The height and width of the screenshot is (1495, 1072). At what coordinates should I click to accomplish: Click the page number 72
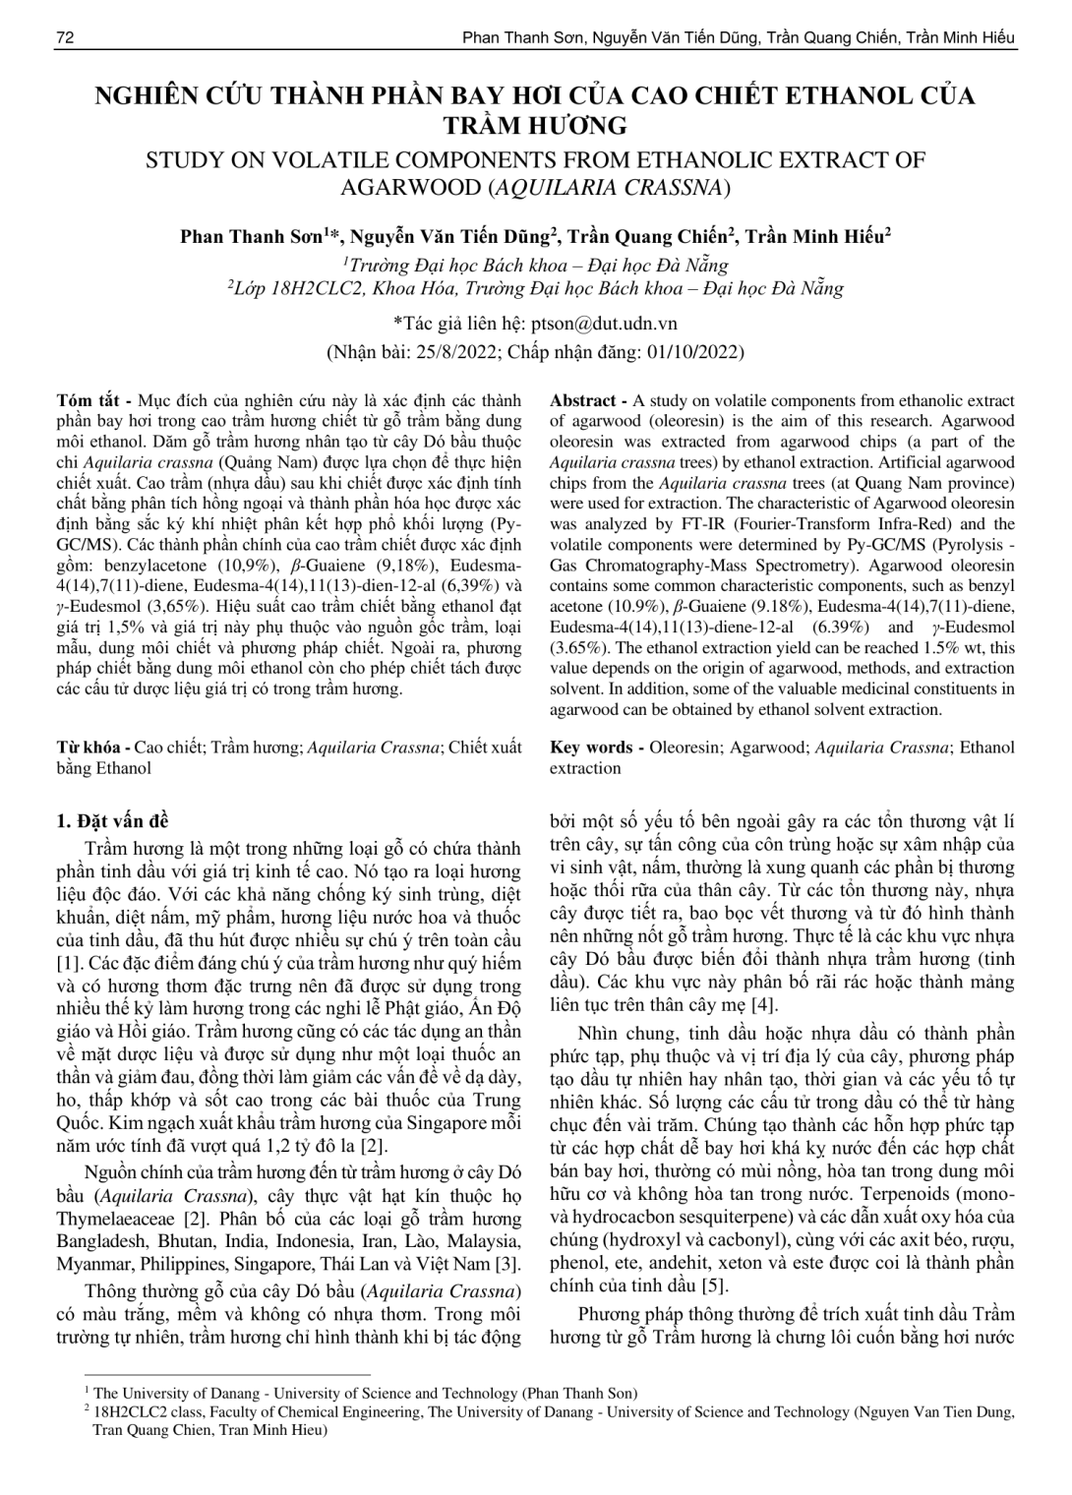point(66,37)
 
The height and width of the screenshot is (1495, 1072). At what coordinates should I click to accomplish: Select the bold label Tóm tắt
point(89,401)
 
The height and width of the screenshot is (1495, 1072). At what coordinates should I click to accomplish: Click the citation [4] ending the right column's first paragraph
point(763,1004)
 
